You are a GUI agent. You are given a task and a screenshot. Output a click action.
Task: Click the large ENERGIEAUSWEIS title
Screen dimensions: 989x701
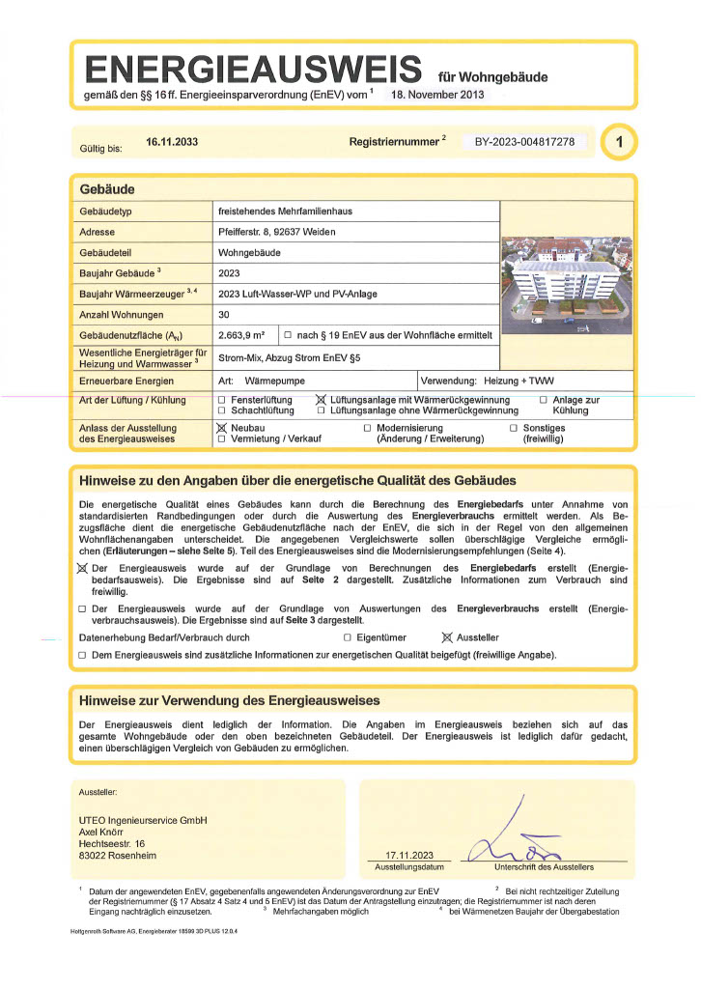(252, 69)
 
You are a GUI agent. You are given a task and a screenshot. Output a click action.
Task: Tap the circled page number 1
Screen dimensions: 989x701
(618, 143)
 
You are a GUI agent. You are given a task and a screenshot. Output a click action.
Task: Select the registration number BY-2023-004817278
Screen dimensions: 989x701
(524, 142)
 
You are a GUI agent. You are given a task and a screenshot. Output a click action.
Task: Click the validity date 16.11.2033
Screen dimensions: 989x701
(172, 142)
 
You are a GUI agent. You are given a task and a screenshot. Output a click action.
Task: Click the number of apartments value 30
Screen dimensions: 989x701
(224, 315)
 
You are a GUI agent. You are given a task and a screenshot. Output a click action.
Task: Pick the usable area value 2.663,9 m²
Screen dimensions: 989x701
(242, 335)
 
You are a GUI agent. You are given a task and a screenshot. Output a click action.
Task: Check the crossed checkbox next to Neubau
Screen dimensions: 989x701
(222, 427)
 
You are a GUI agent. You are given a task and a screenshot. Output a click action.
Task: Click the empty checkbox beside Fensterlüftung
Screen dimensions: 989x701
(222, 400)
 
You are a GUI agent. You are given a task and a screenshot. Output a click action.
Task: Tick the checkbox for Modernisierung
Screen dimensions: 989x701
(367, 428)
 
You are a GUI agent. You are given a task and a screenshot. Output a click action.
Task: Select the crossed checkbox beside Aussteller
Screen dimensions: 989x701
(446, 637)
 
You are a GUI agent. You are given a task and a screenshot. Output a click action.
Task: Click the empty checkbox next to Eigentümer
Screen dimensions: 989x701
(347, 638)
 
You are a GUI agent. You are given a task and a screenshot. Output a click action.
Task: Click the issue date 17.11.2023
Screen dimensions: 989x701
(409, 856)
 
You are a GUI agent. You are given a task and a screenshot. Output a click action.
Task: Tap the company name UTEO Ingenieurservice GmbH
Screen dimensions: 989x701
(143, 821)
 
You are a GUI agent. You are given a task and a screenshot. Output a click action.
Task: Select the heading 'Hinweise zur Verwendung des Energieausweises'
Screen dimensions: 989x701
(229, 700)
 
